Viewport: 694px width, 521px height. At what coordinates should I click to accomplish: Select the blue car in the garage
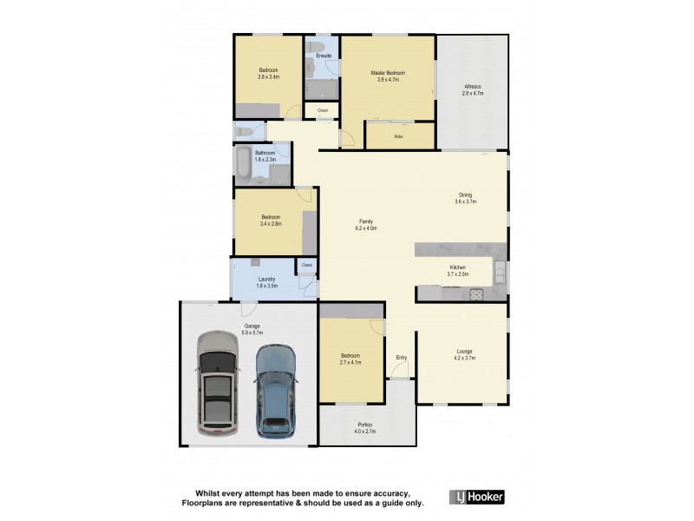coord(275,390)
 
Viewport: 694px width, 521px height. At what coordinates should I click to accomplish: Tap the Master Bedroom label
coord(388,73)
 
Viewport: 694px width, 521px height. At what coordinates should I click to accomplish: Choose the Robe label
coord(398,136)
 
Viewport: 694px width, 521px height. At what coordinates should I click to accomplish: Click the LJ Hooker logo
coord(475,498)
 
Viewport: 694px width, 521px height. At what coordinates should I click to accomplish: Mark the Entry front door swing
coord(399,371)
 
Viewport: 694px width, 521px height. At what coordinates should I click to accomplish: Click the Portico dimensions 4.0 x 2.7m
coord(363,432)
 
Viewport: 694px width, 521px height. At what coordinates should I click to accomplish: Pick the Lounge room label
coord(465,351)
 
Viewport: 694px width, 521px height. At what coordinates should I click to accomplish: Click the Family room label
coord(365,221)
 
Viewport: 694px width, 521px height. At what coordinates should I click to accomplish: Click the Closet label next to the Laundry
coord(307,265)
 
